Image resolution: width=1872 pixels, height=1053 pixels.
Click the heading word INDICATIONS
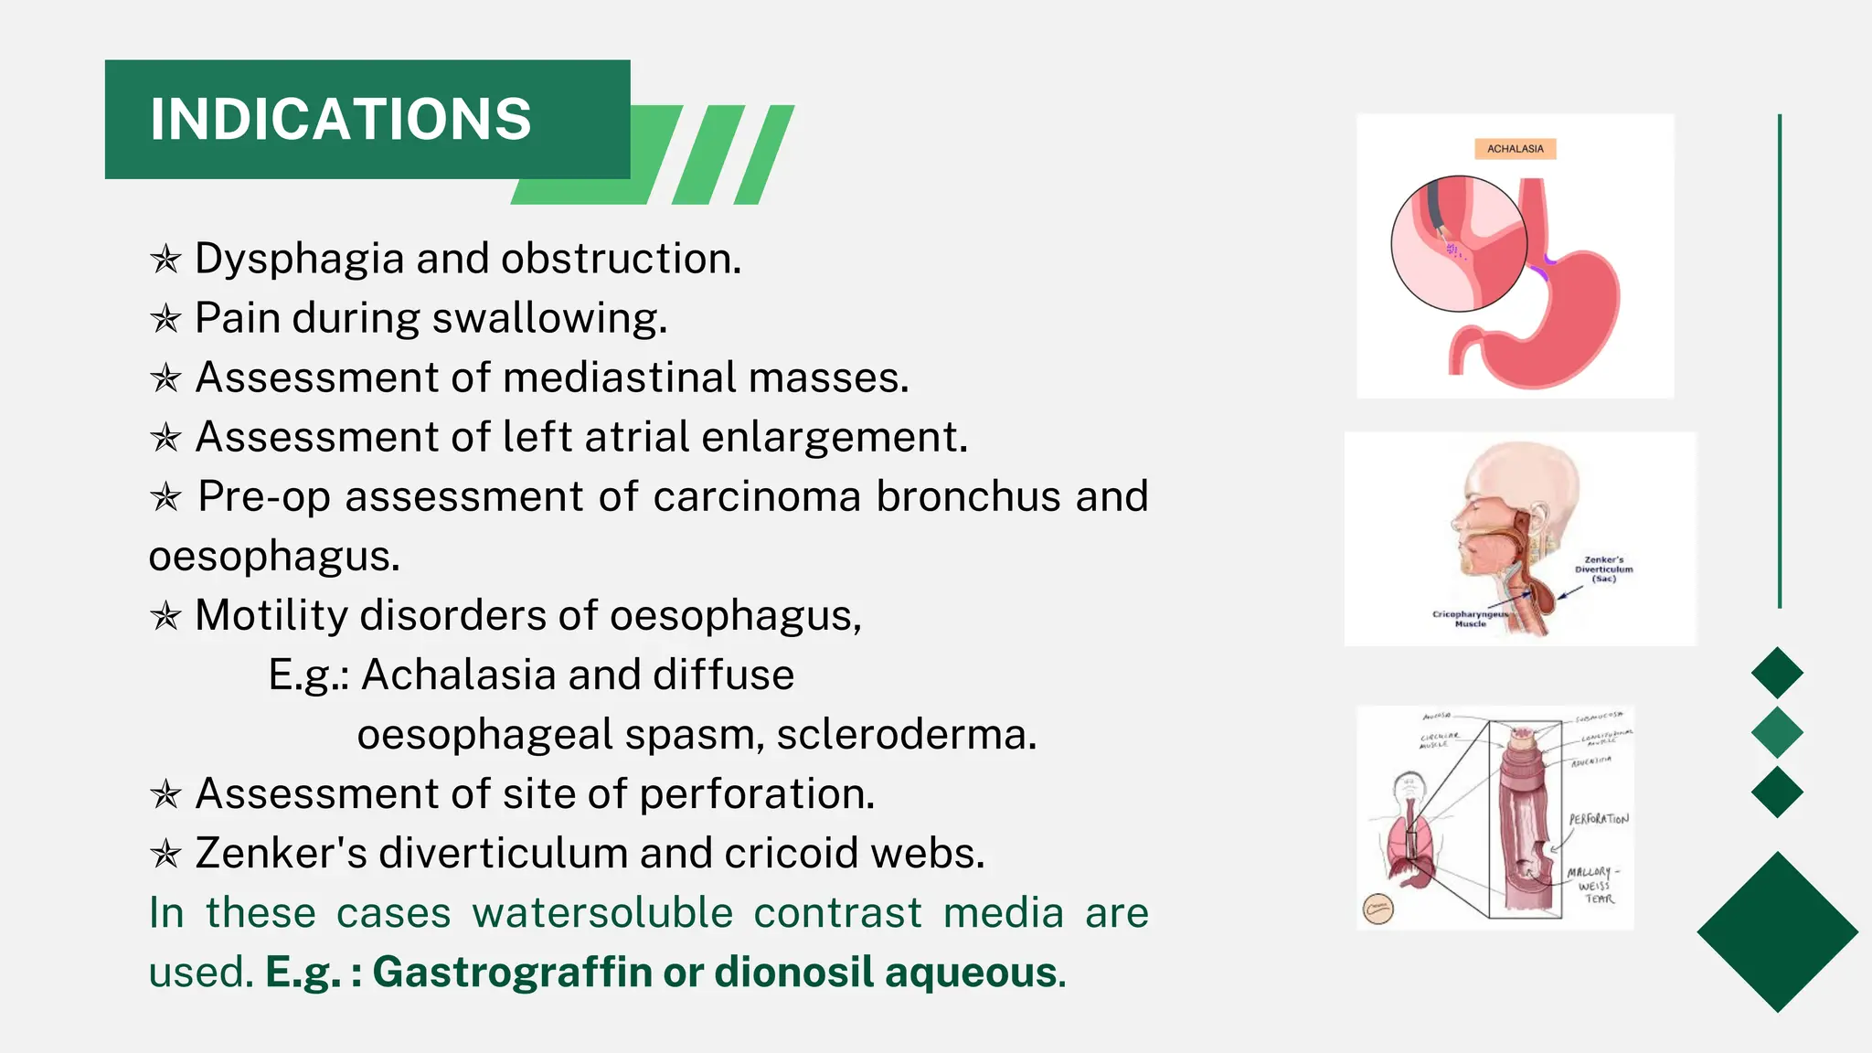pos(340,120)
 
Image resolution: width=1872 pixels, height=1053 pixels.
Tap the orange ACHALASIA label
pos(1515,149)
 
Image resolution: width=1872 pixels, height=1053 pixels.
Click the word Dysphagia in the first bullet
pos(299,260)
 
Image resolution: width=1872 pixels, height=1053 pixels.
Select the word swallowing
pos(549,319)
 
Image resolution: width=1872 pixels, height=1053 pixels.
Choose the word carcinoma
pos(757,497)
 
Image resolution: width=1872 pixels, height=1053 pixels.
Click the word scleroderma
pos(907,735)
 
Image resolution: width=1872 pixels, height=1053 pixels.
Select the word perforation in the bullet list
pos(756,794)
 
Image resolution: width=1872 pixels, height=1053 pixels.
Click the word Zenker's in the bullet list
pos(281,854)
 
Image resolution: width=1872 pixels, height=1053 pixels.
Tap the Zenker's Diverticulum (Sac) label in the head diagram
pos(1603,569)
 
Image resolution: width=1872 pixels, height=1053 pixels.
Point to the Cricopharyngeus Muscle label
pos(1470,619)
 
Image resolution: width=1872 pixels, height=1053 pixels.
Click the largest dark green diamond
pos(1777,931)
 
